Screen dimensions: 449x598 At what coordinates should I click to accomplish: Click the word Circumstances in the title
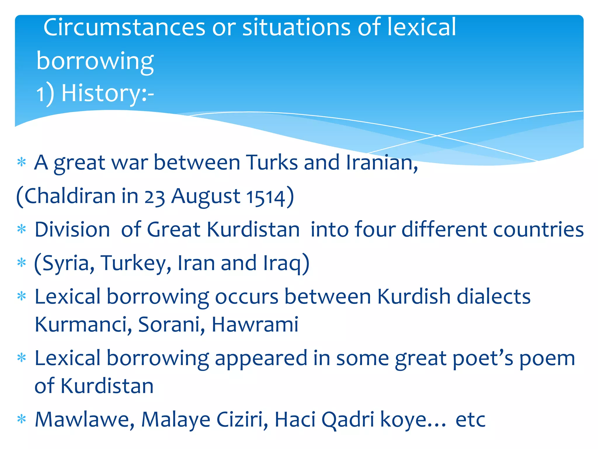(x=124, y=27)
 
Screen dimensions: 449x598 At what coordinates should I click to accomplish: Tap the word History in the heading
(x=101, y=93)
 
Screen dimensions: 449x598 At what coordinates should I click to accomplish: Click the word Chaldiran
(x=70, y=196)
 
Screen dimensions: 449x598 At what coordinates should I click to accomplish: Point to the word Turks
(x=272, y=163)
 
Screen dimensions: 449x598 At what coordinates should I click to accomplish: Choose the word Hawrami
(x=255, y=325)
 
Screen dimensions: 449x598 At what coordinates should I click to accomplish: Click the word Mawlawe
(x=85, y=420)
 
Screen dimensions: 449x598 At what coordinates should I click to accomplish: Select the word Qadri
(x=348, y=420)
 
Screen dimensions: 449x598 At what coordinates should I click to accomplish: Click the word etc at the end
(x=470, y=420)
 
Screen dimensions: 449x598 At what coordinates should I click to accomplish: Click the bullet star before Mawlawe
(x=22, y=419)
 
